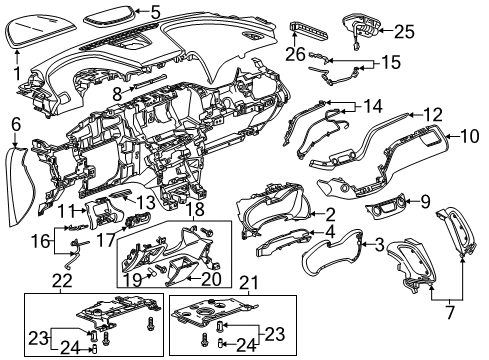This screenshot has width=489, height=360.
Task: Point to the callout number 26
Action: tap(297, 53)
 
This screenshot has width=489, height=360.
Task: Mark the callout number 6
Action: tap(16, 123)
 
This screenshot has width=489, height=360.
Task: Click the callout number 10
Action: tap(468, 134)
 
